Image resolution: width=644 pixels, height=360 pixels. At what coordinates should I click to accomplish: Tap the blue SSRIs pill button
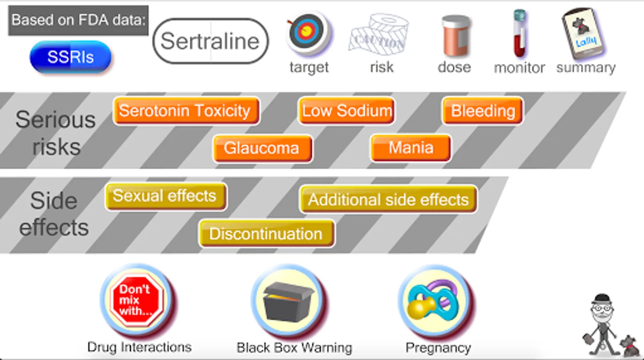click(70, 57)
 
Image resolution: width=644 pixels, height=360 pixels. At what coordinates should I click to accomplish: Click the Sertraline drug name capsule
click(210, 41)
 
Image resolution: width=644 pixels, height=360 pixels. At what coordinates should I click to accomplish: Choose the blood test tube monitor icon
click(520, 34)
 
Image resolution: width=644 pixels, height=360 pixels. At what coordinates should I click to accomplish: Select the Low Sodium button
click(347, 111)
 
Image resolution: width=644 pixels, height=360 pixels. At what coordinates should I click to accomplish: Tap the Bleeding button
click(483, 111)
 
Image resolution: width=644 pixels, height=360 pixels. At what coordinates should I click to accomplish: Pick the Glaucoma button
click(262, 148)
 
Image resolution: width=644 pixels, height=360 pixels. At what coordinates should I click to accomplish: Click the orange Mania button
click(411, 148)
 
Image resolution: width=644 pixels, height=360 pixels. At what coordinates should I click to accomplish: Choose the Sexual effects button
click(165, 196)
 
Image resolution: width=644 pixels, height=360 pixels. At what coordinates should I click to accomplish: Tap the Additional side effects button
click(388, 199)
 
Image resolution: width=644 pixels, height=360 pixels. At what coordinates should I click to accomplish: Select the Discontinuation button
click(266, 234)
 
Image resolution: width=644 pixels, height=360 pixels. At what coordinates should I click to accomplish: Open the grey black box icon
click(288, 301)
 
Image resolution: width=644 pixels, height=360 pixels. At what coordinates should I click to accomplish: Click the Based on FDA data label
click(78, 20)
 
